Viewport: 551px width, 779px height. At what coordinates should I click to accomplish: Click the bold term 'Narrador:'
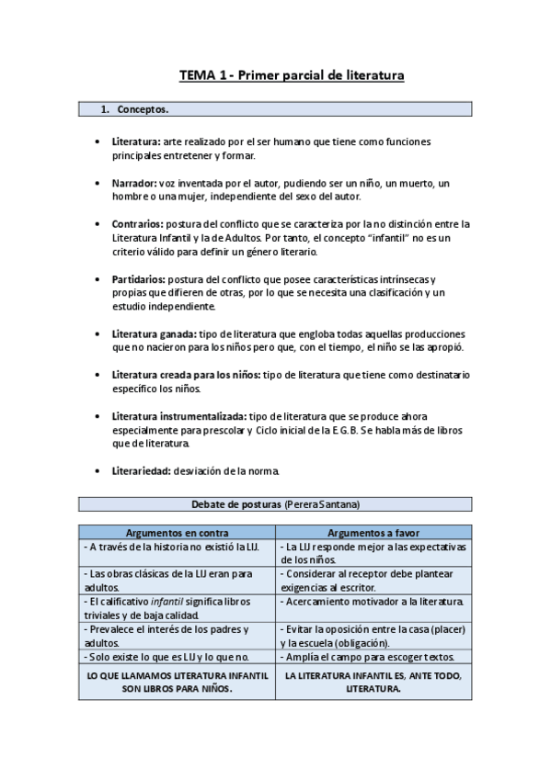(133, 183)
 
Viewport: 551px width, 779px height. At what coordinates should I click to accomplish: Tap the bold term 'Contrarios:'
(137, 223)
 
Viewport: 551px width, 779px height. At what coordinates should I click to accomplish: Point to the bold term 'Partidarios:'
(139, 278)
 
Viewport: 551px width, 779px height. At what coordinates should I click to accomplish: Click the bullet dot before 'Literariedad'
(98, 470)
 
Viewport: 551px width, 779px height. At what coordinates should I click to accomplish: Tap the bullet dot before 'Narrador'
(98, 183)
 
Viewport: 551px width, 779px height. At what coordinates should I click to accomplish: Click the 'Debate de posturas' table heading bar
(275, 504)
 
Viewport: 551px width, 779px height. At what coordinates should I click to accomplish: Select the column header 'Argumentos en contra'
(178, 533)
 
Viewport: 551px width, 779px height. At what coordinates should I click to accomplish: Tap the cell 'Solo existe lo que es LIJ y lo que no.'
(168, 657)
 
